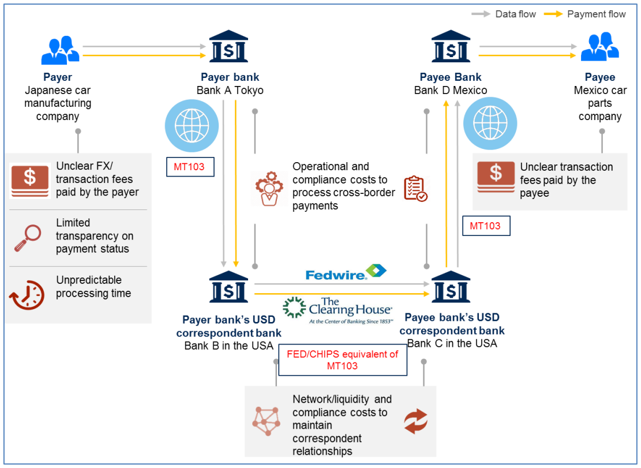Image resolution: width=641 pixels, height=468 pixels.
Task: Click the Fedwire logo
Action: click(x=346, y=271)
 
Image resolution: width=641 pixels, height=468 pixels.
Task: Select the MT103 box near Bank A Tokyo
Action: click(x=190, y=167)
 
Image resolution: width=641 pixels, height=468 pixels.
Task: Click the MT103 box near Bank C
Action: click(x=485, y=226)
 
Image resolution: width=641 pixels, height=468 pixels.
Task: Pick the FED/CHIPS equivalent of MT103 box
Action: click(x=342, y=360)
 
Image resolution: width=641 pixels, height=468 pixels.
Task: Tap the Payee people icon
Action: click(x=599, y=47)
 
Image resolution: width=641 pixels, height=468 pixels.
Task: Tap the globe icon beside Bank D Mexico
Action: click(x=490, y=123)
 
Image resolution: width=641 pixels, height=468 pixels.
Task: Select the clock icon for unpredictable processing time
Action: click(x=27, y=295)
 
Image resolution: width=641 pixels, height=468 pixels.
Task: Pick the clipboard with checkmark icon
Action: click(x=415, y=189)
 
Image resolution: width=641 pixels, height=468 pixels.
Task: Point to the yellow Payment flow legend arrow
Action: click(x=553, y=14)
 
